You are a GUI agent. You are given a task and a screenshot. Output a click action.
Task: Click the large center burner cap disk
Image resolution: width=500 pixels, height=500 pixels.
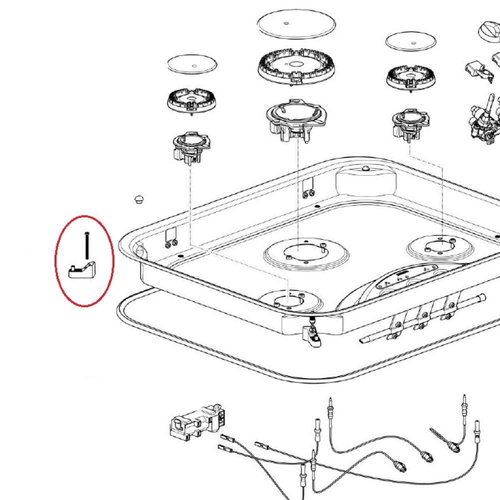(296, 23)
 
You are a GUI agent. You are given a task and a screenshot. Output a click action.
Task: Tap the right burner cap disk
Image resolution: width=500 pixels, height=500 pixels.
(411, 41)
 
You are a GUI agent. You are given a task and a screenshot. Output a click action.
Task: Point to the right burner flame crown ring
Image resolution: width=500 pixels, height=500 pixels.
(410, 77)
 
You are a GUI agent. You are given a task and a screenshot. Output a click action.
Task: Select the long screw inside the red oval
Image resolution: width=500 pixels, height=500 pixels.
(87, 246)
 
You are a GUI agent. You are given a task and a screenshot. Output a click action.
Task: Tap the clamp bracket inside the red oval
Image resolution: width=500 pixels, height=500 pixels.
(82, 270)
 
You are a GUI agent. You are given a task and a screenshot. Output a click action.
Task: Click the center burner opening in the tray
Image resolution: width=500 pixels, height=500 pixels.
(298, 252)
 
